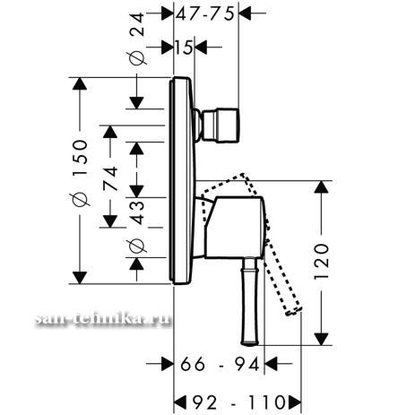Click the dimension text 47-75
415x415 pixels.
point(204,13)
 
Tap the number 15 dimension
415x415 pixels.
point(184,48)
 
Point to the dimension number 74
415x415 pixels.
point(110,179)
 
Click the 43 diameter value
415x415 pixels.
point(137,212)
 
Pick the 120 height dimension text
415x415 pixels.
point(321,262)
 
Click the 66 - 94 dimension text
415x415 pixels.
point(220,364)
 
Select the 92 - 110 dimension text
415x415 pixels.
point(238,402)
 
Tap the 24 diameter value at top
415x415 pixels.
point(137,25)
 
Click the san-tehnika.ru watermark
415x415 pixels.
point(103,318)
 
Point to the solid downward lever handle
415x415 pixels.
point(249,301)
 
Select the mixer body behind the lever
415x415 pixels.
point(235,227)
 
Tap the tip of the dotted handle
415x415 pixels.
point(293,312)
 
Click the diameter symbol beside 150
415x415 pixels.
point(80,199)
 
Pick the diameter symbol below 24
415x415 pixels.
point(137,58)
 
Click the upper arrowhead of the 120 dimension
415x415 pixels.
point(321,186)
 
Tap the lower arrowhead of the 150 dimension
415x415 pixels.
point(80,278)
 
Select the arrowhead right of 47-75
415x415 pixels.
point(245,13)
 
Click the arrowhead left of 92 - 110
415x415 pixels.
point(180,402)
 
